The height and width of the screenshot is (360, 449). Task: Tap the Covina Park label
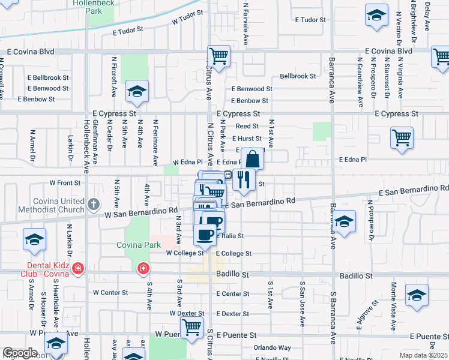click(x=139, y=245)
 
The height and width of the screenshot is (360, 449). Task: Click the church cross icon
click(x=93, y=205)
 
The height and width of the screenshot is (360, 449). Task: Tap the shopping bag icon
click(x=253, y=160)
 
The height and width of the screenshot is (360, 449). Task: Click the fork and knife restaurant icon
click(x=244, y=180)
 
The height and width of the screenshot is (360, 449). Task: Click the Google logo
click(x=20, y=353)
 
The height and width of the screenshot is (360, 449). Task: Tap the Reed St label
click(x=247, y=126)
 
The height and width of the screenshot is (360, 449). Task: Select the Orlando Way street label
click(x=271, y=347)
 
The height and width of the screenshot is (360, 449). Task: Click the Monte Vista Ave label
click(x=394, y=306)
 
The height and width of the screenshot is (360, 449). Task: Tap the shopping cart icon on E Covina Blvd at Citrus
click(x=218, y=57)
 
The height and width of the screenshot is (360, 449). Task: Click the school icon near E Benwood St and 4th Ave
click(x=136, y=92)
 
